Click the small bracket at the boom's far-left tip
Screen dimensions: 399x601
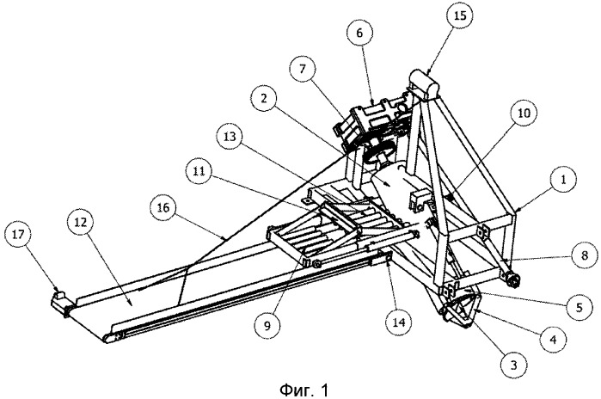pyautogui.click(x=59, y=300)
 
